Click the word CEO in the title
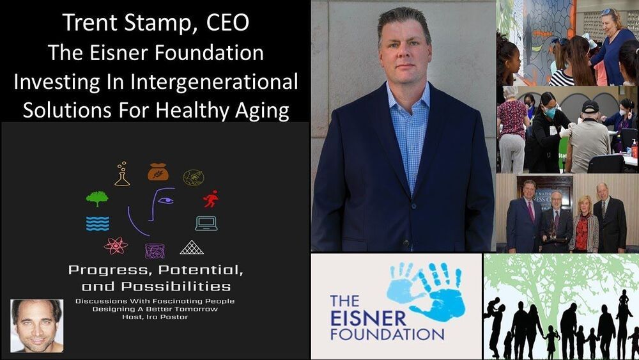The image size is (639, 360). coord(227,23)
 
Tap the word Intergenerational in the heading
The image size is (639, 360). coord(214,81)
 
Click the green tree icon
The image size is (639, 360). coord(97,199)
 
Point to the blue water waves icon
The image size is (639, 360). coord(97,224)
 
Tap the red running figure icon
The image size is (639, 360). coord(211,199)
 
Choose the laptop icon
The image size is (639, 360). coord(206,223)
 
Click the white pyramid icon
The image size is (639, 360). coord(192,247)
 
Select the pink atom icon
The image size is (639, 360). coord(116,246)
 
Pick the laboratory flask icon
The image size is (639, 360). coord(122,174)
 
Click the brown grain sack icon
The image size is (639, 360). coord(158,171)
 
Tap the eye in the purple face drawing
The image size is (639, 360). coord(166,201)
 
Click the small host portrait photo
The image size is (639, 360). coord(36,325)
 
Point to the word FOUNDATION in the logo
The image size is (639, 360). coord(387,334)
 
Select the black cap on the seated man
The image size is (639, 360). coord(590,107)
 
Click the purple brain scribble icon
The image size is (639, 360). coord(155,251)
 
